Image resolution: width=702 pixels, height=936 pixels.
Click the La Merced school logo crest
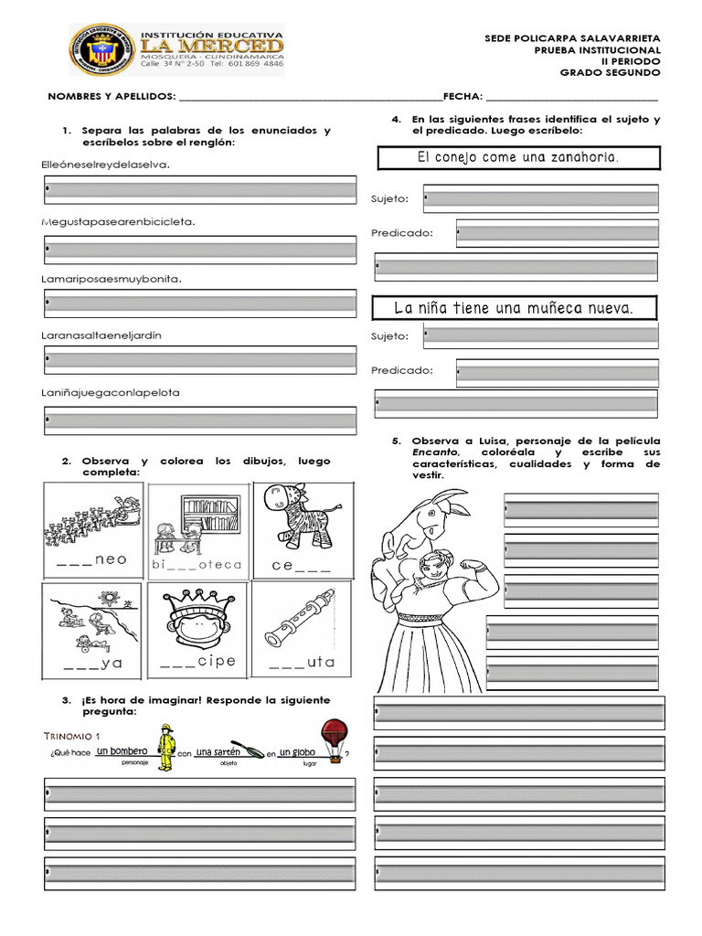coord(103,51)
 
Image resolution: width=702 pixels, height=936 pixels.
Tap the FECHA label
coord(462,96)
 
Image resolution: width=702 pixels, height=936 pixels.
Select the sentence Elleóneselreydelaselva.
coord(106,165)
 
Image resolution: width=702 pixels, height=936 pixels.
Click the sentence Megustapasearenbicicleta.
coord(119,221)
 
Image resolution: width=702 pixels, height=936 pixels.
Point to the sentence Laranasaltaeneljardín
coord(108,335)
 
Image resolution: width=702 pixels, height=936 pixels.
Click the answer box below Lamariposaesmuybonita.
coord(199,303)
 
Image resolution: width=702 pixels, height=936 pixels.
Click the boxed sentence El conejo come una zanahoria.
coord(517,158)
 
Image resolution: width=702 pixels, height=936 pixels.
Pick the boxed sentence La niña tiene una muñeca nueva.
coord(513,308)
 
